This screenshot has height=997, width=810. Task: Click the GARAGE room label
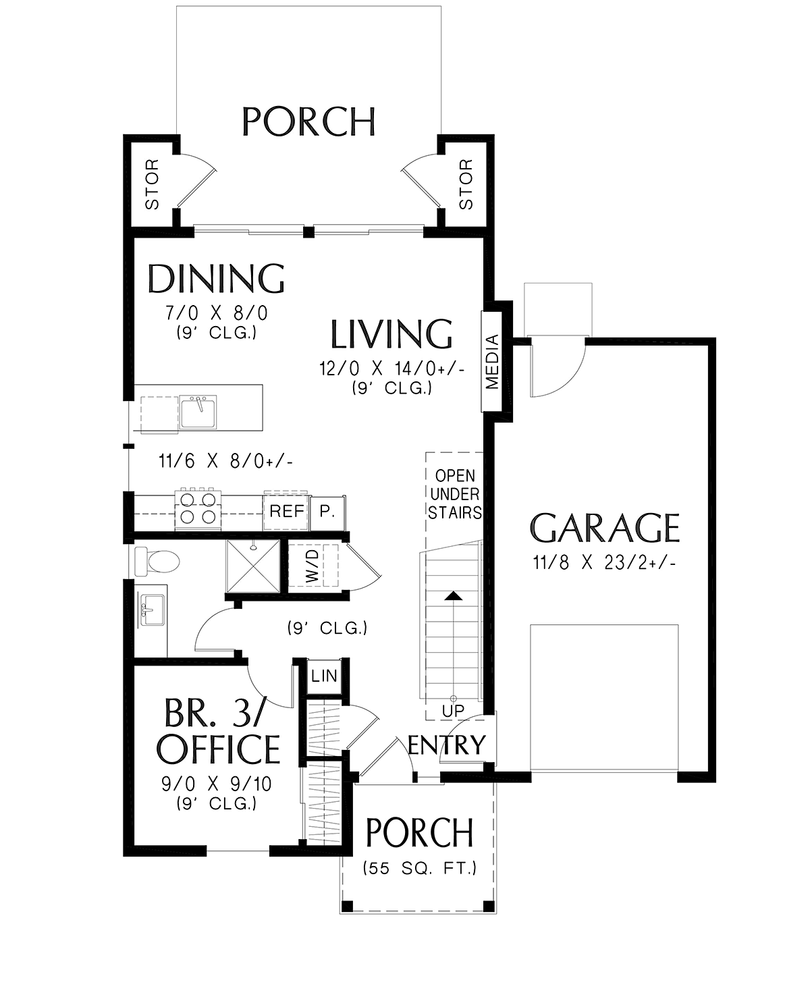[604, 528]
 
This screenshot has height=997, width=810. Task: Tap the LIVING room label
[391, 334]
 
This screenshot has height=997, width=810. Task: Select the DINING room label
[216, 279]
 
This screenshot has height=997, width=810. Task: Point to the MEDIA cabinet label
[492, 361]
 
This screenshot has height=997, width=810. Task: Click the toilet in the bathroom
[157, 561]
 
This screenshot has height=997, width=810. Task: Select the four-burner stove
[198, 510]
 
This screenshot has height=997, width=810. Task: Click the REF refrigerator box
[286, 511]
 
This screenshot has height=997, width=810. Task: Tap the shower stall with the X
[253, 566]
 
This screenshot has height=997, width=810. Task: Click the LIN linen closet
[324, 676]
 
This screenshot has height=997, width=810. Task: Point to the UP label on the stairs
[453, 724]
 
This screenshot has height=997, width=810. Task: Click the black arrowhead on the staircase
[453, 596]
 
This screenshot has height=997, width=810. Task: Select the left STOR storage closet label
[153, 184]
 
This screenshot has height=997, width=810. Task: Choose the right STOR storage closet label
[466, 184]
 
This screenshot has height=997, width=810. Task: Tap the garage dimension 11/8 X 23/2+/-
[604, 562]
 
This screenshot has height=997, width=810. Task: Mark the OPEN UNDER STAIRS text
[455, 494]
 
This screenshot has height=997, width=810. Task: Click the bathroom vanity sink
[153, 610]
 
